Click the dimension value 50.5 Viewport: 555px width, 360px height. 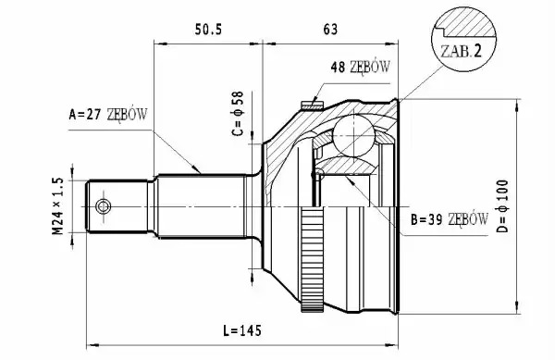coord(208,30)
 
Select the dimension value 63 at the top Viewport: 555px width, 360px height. coord(330,30)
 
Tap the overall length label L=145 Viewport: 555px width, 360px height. coord(242,330)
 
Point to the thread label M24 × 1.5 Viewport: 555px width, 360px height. coord(57,206)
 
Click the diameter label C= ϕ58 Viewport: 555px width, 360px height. coord(239,114)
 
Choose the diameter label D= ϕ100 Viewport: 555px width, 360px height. coord(502,206)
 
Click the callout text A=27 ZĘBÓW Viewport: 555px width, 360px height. coord(108,115)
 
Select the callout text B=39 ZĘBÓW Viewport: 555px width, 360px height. coord(450,219)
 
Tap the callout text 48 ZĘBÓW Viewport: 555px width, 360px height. coord(361,67)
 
